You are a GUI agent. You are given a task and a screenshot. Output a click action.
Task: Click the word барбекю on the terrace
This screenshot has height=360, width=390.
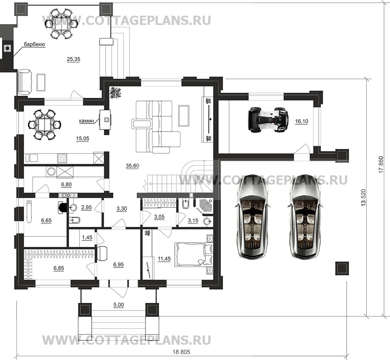coord(34,45)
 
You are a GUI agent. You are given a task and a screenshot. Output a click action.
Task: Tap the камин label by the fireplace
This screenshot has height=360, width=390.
coord(86,120)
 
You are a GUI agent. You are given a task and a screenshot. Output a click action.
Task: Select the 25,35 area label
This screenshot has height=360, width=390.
coord(74,59)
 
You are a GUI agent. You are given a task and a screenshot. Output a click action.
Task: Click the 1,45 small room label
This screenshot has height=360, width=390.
coord(87,238)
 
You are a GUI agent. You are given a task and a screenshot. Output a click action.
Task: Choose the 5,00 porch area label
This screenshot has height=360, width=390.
coord(118,305)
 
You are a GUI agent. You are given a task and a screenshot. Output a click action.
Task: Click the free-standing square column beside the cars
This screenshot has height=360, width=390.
coord(342,268)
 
